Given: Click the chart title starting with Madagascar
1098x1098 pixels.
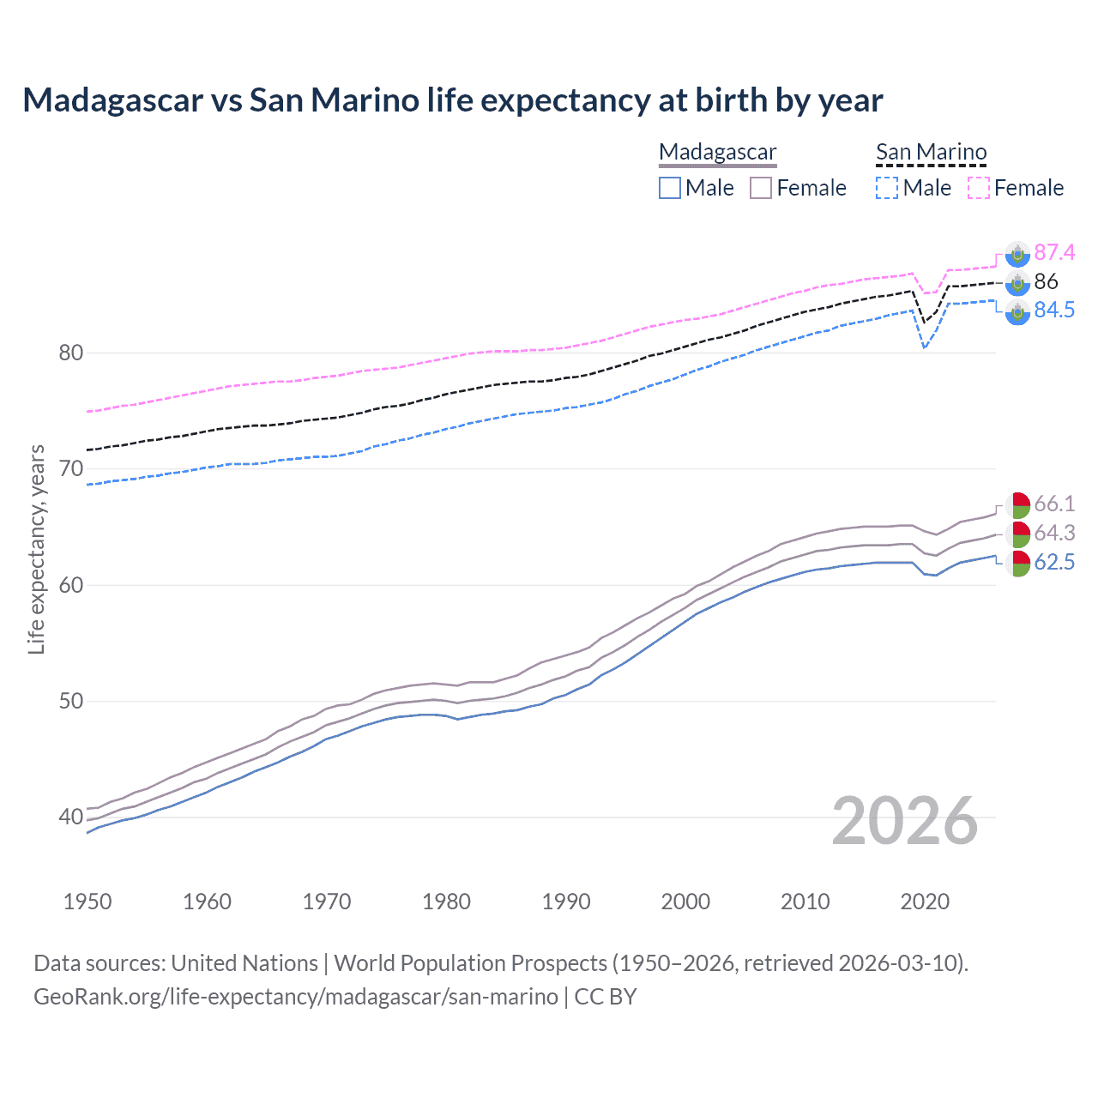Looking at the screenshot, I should (452, 100).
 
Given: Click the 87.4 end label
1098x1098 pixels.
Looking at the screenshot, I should (1054, 252).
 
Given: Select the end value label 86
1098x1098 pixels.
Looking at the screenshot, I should (1046, 281).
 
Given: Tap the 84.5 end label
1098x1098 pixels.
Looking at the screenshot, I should (1054, 311).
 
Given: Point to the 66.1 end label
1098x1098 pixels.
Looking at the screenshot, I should (1054, 504).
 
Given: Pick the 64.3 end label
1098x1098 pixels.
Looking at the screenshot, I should (1054, 533).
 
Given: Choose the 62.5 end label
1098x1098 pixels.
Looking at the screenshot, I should (1054, 562).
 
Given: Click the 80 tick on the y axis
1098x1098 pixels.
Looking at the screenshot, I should (71, 353).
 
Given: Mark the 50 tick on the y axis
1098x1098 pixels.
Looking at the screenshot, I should (71, 701).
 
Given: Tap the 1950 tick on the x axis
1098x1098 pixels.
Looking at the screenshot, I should (87, 902).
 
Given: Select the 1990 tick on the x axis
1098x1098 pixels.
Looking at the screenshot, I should (566, 902).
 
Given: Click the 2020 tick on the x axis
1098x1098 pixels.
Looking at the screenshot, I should (925, 902).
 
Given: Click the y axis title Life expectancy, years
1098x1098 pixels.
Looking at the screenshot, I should (36, 549).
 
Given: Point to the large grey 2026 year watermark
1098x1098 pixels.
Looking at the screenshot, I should (905, 821).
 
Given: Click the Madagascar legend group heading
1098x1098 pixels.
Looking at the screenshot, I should (717, 153).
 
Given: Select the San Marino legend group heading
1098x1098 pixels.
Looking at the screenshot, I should (931, 153).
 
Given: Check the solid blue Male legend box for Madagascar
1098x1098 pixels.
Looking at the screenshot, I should (670, 188).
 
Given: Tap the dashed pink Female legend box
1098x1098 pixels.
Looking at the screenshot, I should (979, 188).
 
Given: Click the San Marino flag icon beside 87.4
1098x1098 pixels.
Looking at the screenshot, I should (1017, 253).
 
